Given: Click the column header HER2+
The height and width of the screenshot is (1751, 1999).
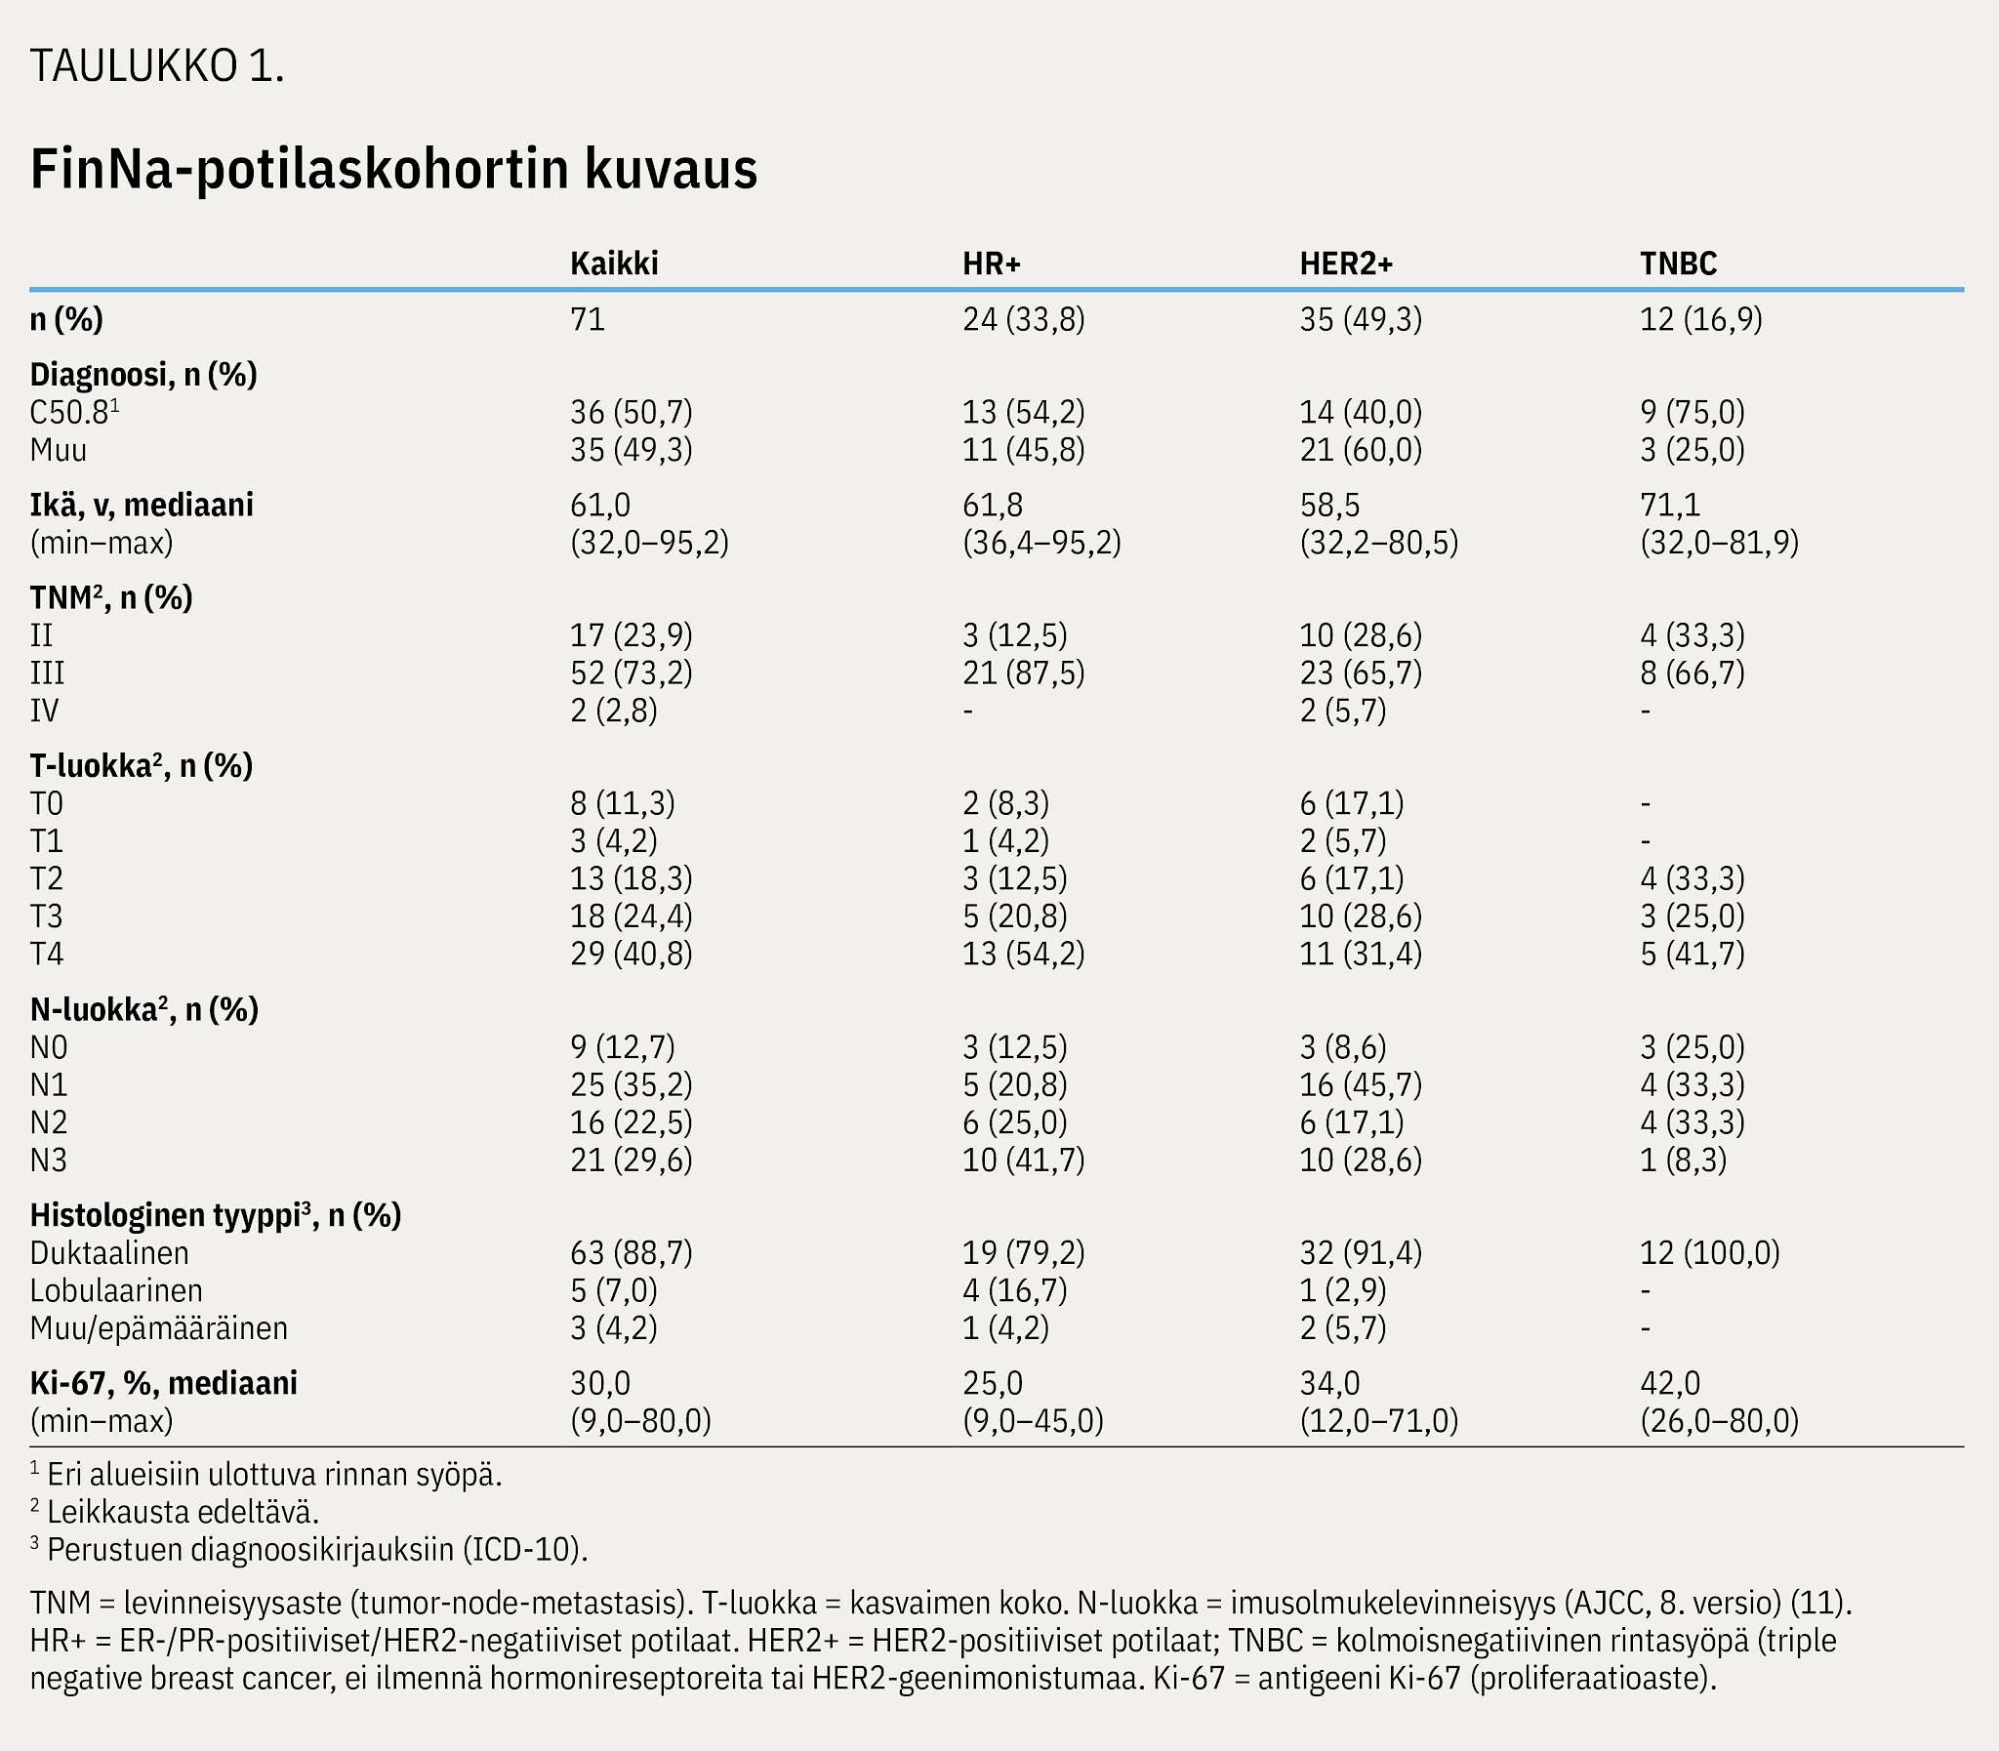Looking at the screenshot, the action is point(1345,264).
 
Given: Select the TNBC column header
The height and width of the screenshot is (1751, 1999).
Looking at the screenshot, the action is point(1678,264).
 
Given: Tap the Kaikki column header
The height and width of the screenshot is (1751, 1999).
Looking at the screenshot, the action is point(614,264).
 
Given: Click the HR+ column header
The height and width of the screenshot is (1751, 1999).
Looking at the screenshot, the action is point(991,264).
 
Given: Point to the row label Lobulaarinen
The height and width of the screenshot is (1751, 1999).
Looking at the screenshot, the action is point(116,1290).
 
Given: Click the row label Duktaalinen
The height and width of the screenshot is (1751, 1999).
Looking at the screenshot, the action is point(109,1252).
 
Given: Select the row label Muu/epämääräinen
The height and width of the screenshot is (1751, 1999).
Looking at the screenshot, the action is point(159,1329).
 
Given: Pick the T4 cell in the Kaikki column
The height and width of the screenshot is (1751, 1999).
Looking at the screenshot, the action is point(632,954).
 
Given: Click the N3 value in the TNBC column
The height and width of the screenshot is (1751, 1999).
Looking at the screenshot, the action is point(1684,1160).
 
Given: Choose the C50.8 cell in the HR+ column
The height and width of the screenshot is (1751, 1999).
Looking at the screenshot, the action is point(1023,412).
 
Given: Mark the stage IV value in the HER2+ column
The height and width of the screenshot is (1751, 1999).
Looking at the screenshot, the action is point(1342,711).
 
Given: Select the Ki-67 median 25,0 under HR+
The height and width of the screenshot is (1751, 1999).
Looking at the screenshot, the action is point(993,1384).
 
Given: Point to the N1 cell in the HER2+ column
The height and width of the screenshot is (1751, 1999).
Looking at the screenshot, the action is point(1360,1084).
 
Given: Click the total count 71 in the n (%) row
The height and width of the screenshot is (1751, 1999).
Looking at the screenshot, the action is point(588,319).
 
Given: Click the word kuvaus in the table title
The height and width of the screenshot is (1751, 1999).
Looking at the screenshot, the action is point(672,169).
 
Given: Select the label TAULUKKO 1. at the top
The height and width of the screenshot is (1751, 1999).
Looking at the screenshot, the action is point(157,65).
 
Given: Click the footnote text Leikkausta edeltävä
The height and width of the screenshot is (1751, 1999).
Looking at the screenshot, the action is point(183,1512).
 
